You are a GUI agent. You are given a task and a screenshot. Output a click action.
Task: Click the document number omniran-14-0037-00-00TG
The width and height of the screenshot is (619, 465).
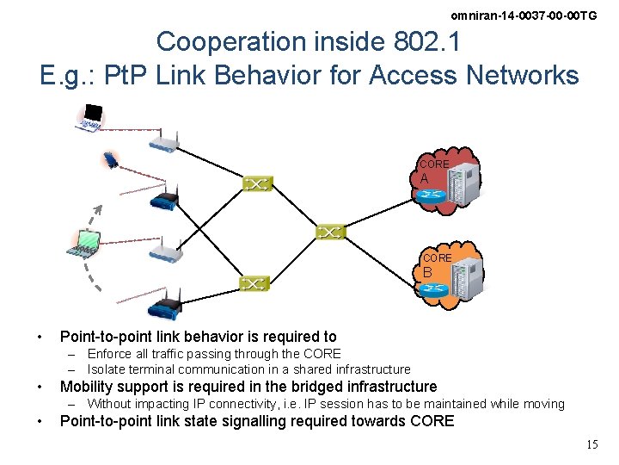pyautogui.click(x=524, y=15)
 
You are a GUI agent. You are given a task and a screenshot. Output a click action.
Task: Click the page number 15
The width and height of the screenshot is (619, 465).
pyautogui.click(x=591, y=444)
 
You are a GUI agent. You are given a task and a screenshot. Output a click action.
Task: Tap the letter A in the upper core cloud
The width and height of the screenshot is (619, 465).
pyautogui.click(x=425, y=178)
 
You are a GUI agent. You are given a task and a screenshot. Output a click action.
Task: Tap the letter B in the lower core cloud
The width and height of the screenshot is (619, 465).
pyautogui.click(x=427, y=272)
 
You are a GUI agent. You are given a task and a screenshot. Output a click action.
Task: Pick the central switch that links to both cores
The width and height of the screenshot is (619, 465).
pyautogui.click(x=330, y=232)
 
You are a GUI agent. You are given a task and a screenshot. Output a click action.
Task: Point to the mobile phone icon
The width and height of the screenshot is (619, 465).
pyautogui.click(x=111, y=160)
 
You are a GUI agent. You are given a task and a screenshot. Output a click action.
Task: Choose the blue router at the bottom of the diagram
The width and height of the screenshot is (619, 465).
pyautogui.click(x=163, y=307)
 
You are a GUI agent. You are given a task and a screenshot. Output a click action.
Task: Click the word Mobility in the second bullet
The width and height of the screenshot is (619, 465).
pyautogui.click(x=87, y=387)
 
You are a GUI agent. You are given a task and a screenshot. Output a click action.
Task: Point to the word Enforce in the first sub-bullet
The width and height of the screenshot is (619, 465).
pyautogui.click(x=109, y=354)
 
